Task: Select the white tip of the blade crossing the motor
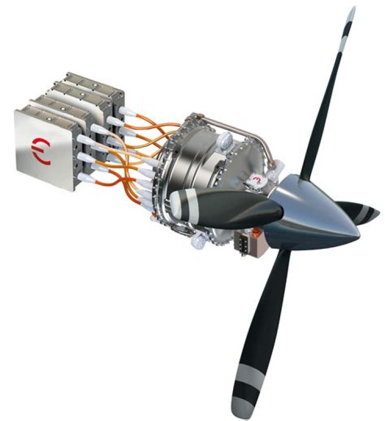pos(175,202)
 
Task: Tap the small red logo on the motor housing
pos(259,179)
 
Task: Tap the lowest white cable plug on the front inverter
pos(85,177)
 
